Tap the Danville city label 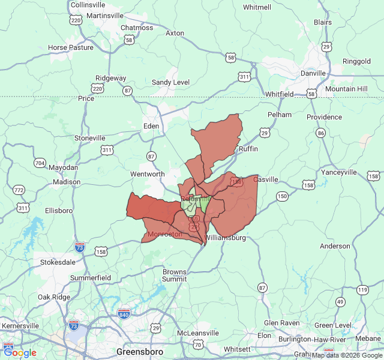(x=313, y=73)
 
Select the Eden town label (x=151, y=126)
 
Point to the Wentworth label (x=148, y=174)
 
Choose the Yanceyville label (x=339, y=172)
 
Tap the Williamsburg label (x=225, y=238)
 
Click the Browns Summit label (x=175, y=275)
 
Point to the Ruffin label (x=248, y=148)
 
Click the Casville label (x=266, y=179)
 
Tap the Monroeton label (x=164, y=234)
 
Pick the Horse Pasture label (x=71, y=47)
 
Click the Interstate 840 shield (x=124, y=313)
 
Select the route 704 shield (x=40, y=163)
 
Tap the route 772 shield (x=19, y=190)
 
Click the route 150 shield (x=282, y=196)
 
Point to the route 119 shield (x=362, y=290)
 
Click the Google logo (x=20, y=353)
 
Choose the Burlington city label (x=295, y=339)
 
